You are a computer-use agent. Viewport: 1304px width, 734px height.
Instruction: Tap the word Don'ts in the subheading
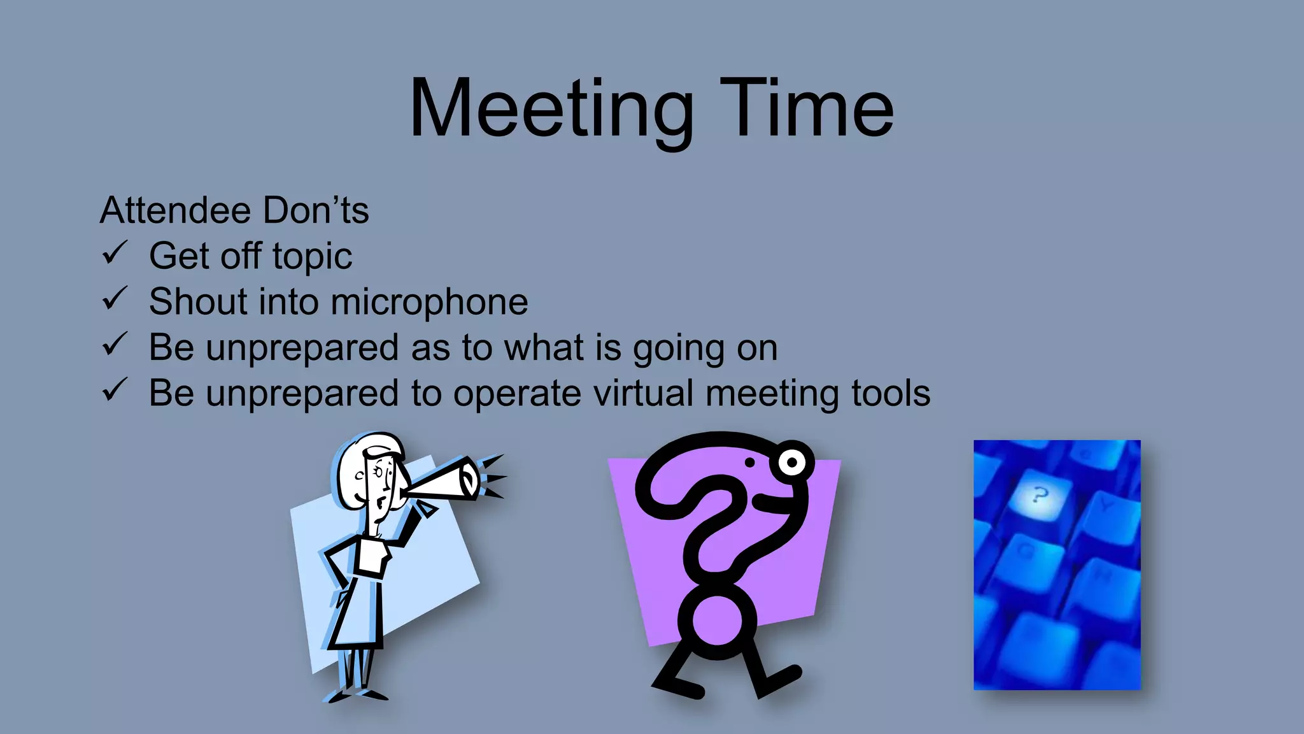(316, 211)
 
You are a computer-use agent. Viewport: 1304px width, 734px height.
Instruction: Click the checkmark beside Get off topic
(115, 254)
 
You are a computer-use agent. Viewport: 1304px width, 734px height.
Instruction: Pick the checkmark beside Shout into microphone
(115, 299)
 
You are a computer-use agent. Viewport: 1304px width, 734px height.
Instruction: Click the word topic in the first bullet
(312, 257)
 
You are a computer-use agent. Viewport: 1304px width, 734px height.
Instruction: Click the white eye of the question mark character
(791, 461)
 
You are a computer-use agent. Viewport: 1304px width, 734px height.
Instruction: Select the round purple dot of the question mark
(717, 620)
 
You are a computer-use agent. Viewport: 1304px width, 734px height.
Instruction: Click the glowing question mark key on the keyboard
(1039, 496)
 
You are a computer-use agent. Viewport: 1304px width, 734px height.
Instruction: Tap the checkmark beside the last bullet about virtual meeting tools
(115, 391)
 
